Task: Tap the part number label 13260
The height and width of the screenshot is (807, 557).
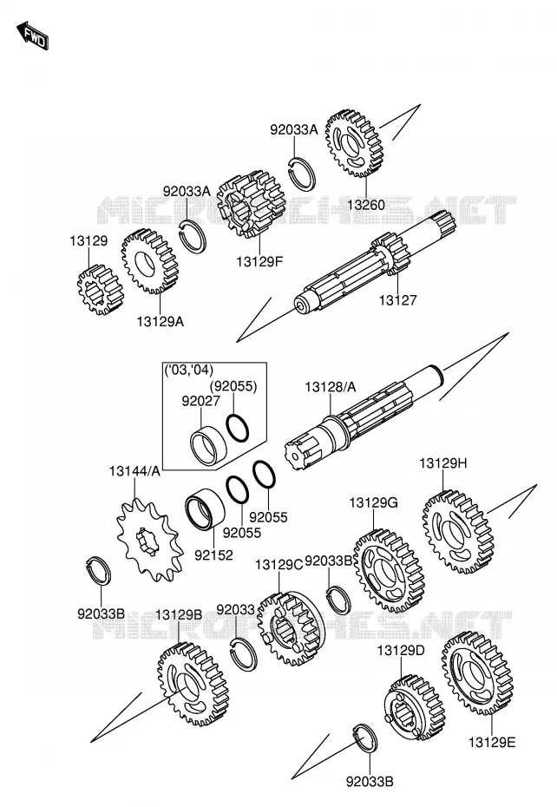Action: pos(365,205)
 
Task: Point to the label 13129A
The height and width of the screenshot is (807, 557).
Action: pos(161,322)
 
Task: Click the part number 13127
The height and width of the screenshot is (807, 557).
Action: pos(398,300)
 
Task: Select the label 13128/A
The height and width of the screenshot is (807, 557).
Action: pos(330,387)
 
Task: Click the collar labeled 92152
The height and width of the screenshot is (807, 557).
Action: pos(205,511)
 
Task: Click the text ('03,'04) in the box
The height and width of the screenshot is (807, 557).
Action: pos(188,370)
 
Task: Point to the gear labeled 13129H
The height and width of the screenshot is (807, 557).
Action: pos(457,532)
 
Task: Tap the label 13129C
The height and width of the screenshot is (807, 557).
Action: pos(278,565)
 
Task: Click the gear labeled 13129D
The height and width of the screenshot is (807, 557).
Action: pos(415,707)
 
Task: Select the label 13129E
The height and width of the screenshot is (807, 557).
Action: pos(492,743)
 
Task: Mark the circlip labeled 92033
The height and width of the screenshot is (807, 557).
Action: pos(243,653)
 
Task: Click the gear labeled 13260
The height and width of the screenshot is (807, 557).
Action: pos(355,143)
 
